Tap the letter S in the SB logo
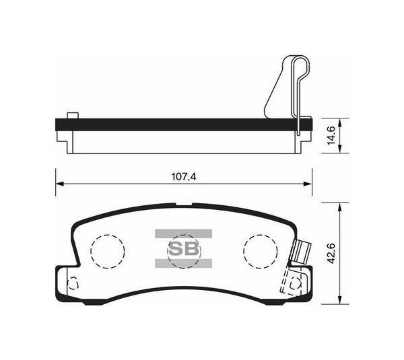pyautogui.click(x=175, y=248)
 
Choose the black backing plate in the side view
pyautogui.click(x=182, y=123)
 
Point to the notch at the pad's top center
pyautogui.click(x=183, y=206)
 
